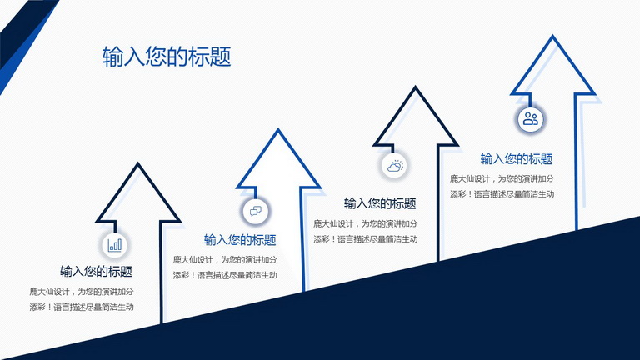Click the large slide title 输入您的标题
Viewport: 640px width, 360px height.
[167, 57]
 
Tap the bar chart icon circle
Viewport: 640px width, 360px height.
[115, 245]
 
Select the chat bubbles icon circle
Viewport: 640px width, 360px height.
[256, 211]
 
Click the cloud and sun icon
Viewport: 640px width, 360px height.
[395, 166]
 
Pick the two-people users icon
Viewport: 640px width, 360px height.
[531, 119]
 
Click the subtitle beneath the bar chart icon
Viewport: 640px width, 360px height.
[97, 272]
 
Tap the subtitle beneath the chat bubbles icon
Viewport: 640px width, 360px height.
[240, 240]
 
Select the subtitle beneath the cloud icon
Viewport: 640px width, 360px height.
[380, 203]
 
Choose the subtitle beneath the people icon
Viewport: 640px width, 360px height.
[517, 159]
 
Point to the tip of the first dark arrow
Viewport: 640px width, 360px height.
[138, 163]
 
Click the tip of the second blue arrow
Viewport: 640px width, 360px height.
[278, 129]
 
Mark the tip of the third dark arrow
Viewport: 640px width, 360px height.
[416, 87]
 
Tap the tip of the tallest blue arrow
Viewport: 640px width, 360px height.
[553, 36]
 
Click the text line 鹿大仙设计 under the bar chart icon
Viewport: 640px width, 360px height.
[82, 292]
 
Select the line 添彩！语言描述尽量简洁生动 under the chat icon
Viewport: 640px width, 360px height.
[225, 275]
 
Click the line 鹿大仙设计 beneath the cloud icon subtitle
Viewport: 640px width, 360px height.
[366, 223]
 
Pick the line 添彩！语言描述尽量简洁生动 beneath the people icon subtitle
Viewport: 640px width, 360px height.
[502, 194]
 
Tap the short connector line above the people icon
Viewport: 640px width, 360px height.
[530, 100]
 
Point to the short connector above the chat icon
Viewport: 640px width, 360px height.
[256, 193]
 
